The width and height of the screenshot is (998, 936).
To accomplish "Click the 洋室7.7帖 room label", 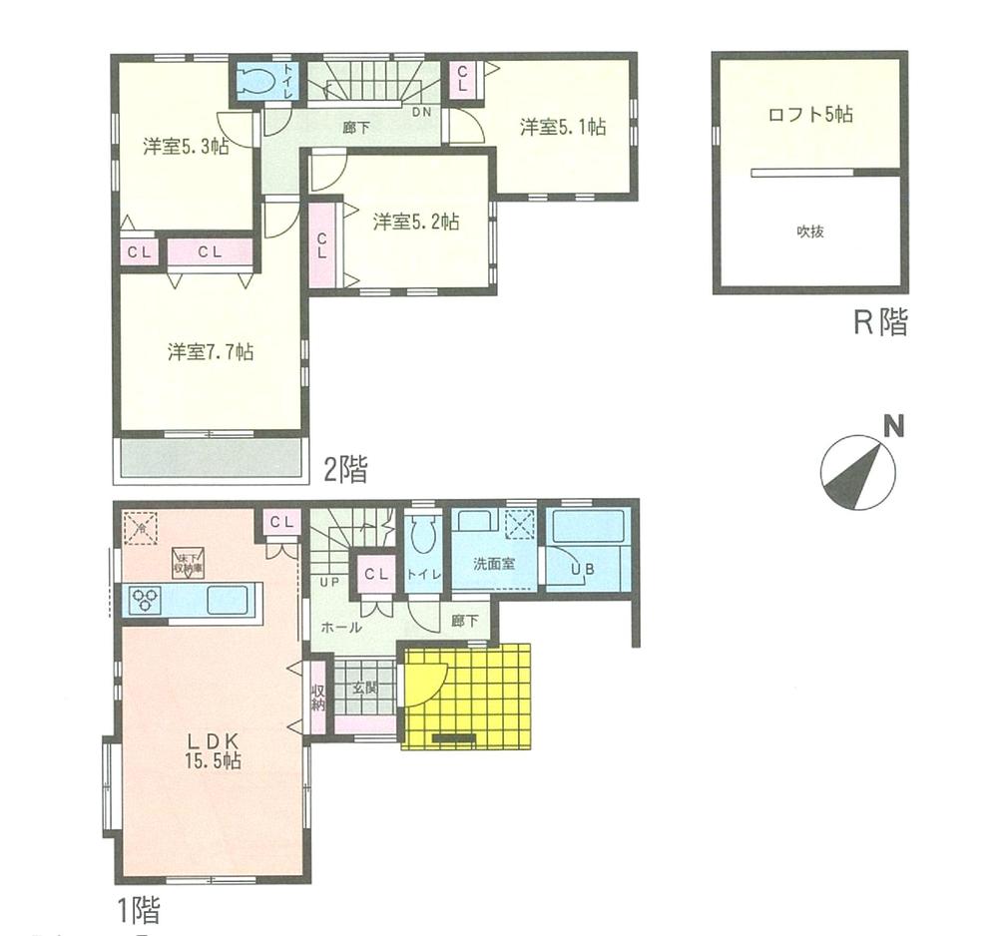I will click(x=210, y=351).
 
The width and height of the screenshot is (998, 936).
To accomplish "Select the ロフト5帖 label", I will click(x=809, y=114).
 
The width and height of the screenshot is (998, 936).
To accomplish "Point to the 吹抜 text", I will click(x=809, y=232).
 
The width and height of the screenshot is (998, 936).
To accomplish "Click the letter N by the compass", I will click(x=894, y=428).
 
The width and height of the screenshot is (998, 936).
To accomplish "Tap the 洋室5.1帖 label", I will click(x=563, y=127).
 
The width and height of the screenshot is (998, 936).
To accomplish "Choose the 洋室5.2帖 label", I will click(x=416, y=222).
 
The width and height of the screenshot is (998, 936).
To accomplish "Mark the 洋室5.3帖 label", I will click(x=186, y=147).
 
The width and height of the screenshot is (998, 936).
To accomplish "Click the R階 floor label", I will click(x=879, y=322).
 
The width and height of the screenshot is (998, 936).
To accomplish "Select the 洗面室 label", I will click(x=494, y=562).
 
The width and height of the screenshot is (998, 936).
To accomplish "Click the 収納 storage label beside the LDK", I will click(x=318, y=697).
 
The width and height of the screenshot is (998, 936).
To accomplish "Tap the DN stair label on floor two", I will click(x=423, y=112).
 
